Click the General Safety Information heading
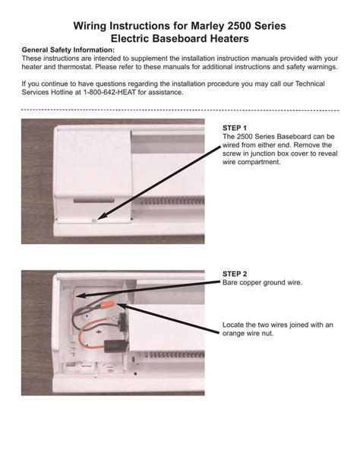(x=68, y=49)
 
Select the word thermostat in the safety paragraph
(x=74, y=66)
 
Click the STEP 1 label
(x=235, y=127)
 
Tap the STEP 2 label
(x=235, y=273)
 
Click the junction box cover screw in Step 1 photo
(x=95, y=220)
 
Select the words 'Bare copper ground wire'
(x=262, y=282)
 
